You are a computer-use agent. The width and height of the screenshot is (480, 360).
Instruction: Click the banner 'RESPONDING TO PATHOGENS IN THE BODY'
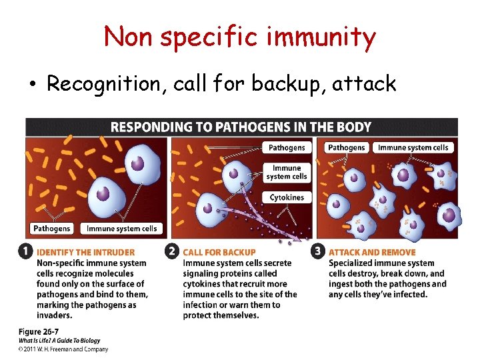[x=241, y=127]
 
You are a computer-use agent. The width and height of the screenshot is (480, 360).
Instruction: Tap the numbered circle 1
[x=25, y=252]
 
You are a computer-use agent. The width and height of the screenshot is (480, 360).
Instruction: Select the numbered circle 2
[x=171, y=252]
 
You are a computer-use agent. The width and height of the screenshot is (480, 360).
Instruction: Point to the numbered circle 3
[x=317, y=252]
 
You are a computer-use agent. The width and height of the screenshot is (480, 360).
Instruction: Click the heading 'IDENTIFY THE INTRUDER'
[x=85, y=253]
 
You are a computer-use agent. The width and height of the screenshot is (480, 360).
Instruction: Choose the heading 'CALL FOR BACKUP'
[x=219, y=253]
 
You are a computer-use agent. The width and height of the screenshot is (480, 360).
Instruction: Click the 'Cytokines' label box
[x=287, y=197]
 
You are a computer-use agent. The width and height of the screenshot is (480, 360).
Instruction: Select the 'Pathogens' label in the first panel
[x=52, y=229]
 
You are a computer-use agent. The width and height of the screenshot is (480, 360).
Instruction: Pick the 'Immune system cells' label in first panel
[x=122, y=229]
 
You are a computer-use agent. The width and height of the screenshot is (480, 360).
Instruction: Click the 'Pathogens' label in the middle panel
[x=287, y=147]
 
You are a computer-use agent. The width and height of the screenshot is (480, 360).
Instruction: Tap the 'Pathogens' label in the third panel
[x=347, y=147]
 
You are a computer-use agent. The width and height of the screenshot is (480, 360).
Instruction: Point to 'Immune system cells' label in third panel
[x=413, y=147]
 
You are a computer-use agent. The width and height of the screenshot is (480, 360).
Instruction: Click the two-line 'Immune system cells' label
[x=287, y=172]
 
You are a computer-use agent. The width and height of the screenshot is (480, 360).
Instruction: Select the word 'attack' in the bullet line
[x=367, y=83]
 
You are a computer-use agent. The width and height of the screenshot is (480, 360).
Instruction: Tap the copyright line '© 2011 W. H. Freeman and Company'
[x=63, y=349]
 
